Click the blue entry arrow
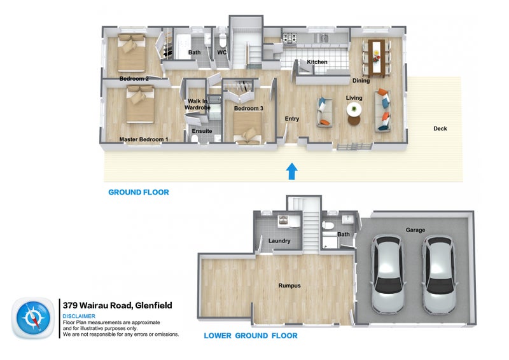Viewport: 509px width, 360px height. [x=291, y=171]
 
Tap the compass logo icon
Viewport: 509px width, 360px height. [x=33, y=318]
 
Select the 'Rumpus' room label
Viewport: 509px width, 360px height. [x=289, y=286]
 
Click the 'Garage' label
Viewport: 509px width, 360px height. [x=415, y=230]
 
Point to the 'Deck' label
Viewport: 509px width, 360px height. [x=440, y=128]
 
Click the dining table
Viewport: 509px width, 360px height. [x=376, y=56]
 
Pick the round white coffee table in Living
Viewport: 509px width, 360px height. [x=354, y=109]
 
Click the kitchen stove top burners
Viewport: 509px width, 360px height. [x=289, y=38]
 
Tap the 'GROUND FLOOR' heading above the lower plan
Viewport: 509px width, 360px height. [x=139, y=192]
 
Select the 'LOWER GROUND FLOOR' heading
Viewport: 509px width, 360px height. [x=251, y=336]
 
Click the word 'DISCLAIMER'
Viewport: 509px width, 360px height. [x=79, y=316]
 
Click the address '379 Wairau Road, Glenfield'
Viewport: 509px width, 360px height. [x=117, y=305]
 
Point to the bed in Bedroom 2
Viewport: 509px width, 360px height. [x=132, y=53]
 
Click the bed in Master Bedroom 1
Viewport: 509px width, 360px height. [x=140, y=104]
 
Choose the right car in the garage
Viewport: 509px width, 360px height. [x=438, y=274]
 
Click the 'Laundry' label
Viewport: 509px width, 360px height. [x=279, y=241]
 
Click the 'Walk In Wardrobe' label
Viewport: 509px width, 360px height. [x=197, y=104]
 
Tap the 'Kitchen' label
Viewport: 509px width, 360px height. [x=317, y=62]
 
